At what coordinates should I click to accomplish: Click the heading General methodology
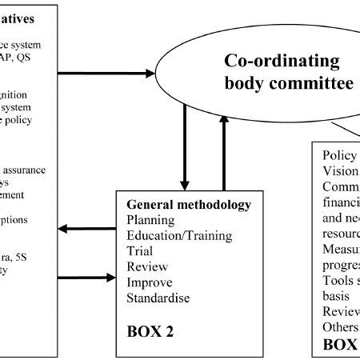(189, 205)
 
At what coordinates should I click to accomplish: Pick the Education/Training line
(179, 235)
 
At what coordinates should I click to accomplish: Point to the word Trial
(141, 251)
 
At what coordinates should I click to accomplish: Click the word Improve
(150, 282)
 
